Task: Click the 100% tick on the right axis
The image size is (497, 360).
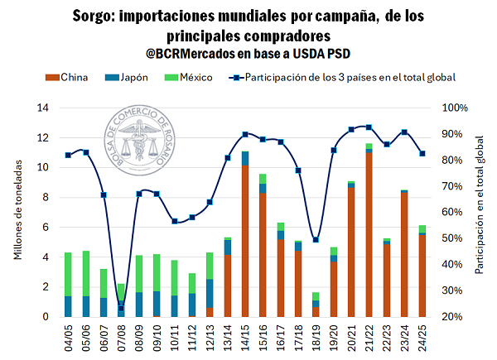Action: [x=456, y=108]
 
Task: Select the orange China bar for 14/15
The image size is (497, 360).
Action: [x=245, y=241]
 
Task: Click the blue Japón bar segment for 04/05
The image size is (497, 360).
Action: [x=68, y=306]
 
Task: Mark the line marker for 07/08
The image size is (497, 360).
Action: [x=121, y=308]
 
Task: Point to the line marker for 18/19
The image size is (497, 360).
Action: [x=316, y=240]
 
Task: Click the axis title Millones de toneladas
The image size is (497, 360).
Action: [x=19, y=212]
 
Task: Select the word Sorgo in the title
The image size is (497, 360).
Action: [x=97, y=16]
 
